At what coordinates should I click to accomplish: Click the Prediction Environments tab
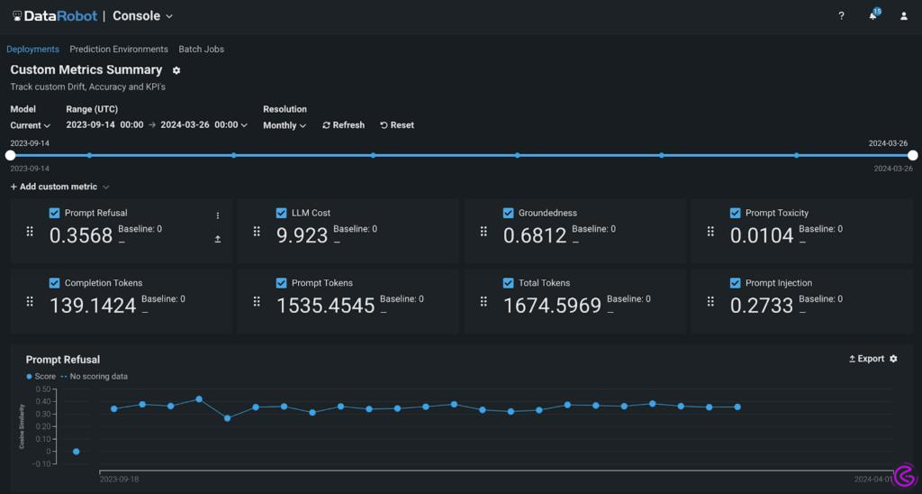119,50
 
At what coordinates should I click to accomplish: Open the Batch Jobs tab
201,50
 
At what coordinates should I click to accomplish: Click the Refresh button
343,125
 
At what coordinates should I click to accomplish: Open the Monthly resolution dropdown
285,125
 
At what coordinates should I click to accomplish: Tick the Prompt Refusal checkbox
55,214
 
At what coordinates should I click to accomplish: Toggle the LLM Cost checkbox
282,214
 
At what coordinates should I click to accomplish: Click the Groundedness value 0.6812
535,236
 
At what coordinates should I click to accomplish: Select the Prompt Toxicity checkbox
736,214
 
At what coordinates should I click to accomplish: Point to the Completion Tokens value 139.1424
93,306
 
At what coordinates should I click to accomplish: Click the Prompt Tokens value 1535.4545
325,306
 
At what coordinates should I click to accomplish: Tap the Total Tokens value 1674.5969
552,306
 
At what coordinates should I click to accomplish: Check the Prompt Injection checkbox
736,283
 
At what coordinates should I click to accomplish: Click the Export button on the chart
866,359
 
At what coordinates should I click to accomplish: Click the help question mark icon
841,16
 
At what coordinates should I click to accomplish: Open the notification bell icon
872,16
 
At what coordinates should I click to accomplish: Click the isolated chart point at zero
77,452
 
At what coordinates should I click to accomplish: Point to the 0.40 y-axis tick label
43,402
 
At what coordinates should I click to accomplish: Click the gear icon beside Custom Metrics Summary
176,70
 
